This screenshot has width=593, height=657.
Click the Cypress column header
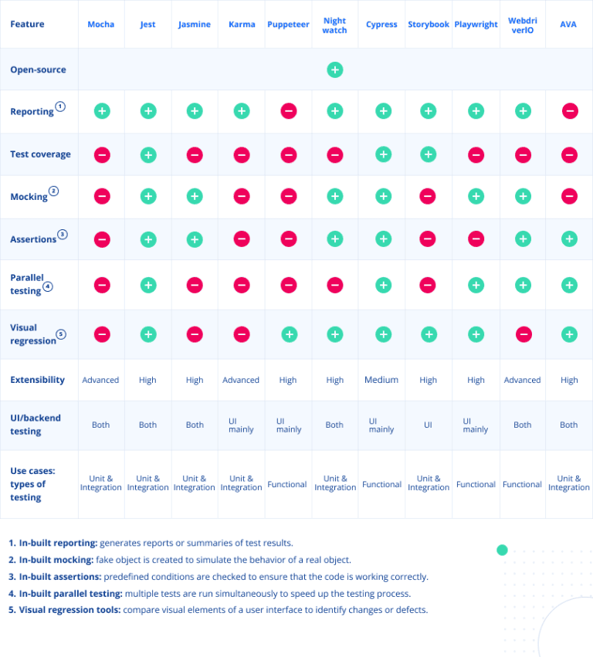click(x=381, y=25)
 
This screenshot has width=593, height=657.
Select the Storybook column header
click(x=429, y=25)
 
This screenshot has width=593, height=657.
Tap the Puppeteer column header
click(x=288, y=25)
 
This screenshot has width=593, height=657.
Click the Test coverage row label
click(x=40, y=154)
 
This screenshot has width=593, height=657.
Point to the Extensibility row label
click(x=37, y=380)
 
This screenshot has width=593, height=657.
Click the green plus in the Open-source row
click(x=334, y=69)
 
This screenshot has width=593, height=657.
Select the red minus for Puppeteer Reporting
click(x=288, y=111)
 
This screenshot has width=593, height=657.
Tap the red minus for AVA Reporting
click(x=569, y=111)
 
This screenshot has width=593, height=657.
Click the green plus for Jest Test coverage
click(x=147, y=154)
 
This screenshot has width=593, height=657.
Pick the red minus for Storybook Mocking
click(x=429, y=196)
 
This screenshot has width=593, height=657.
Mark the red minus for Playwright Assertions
click(x=476, y=239)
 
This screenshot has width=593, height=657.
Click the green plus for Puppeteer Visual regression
click(x=288, y=334)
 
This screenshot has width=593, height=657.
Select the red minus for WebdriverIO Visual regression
click(x=523, y=334)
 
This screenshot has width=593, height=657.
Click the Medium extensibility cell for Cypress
click(x=381, y=380)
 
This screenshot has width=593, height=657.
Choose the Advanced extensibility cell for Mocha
click(x=100, y=380)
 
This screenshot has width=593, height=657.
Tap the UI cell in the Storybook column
click(x=429, y=425)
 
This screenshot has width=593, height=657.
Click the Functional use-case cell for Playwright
click(x=476, y=485)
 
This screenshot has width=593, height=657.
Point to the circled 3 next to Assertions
click(x=63, y=234)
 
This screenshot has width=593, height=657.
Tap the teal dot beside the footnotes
click(x=502, y=550)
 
